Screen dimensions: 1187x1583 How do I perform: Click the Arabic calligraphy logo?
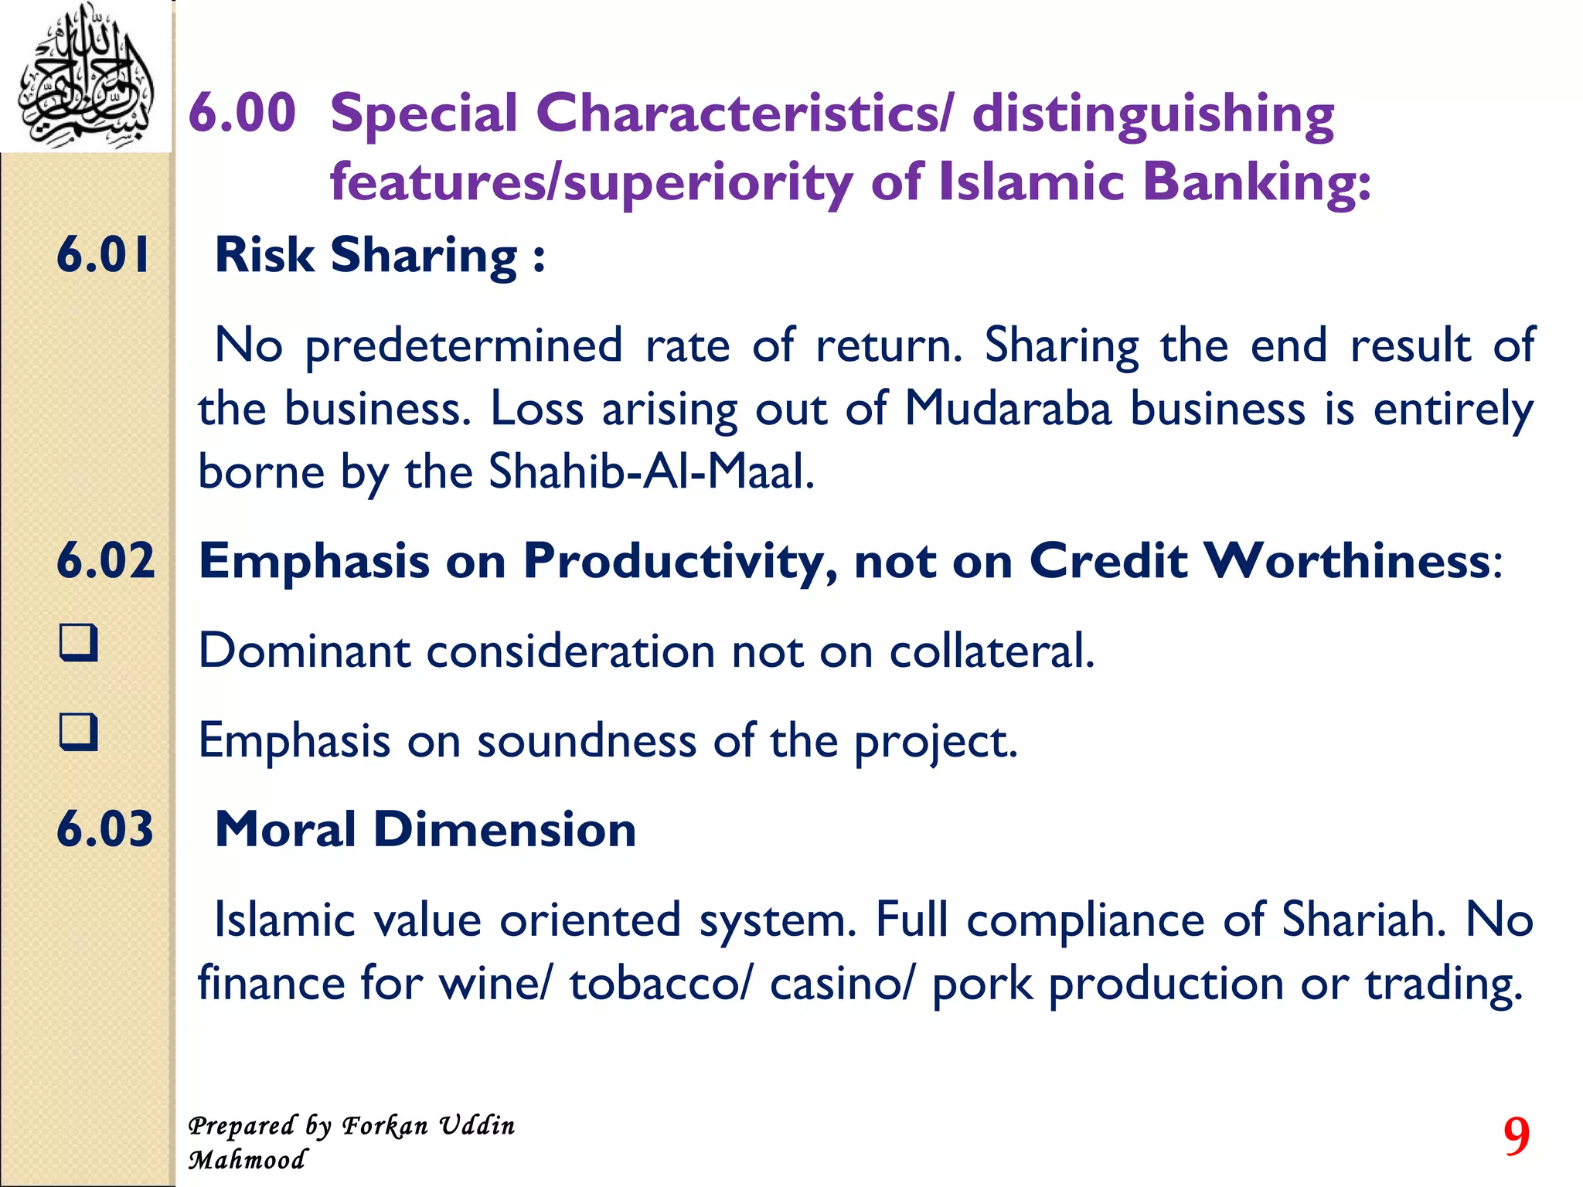(85, 76)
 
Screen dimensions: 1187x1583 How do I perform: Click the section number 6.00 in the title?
(242, 113)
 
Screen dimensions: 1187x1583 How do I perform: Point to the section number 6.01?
(104, 255)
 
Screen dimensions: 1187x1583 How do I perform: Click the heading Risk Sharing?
(379, 255)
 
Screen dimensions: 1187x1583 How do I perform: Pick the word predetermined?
(464, 345)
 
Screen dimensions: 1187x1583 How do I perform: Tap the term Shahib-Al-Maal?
(651, 471)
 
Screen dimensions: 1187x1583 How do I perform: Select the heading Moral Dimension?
(425, 829)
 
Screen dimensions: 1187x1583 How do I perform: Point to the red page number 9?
(1516, 1137)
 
